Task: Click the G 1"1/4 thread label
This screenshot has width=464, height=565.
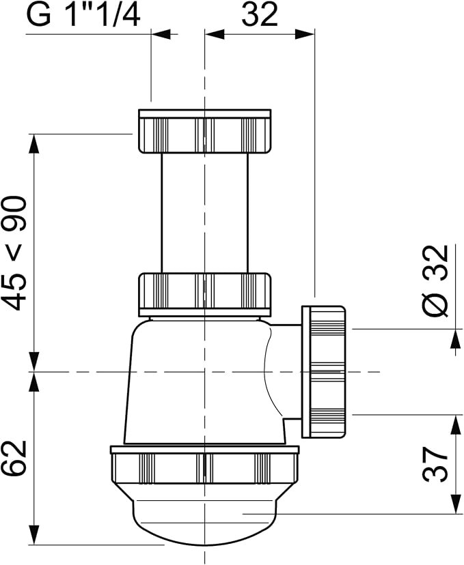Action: pyautogui.click(x=83, y=15)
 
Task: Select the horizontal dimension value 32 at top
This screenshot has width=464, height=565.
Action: pyautogui.click(x=260, y=14)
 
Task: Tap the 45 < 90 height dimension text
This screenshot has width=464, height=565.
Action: pyautogui.click(x=17, y=253)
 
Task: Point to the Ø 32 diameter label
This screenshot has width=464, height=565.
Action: pyautogui.click(x=436, y=281)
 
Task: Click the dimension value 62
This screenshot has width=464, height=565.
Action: pyautogui.click(x=14, y=458)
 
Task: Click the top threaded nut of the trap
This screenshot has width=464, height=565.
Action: pyautogui.click(x=204, y=132)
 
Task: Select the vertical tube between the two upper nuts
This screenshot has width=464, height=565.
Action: pyautogui.click(x=204, y=213)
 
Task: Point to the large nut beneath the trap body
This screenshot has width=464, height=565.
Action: pyautogui.click(x=204, y=465)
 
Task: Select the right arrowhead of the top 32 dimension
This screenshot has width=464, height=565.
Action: pyautogui.click(x=305, y=34)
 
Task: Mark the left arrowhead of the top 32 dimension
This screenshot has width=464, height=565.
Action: pyautogui.click(x=215, y=34)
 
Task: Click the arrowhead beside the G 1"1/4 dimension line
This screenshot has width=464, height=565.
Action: pyautogui.click(x=161, y=34)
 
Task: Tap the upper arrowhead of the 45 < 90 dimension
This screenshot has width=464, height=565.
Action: pyautogui.click(x=33, y=144)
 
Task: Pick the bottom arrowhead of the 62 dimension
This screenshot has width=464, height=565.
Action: pyautogui.click(x=33, y=535)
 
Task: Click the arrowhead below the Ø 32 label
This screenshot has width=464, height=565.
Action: pyautogui.click(x=456, y=339)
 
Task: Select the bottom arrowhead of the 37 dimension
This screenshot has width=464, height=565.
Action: pyautogui.click(x=456, y=504)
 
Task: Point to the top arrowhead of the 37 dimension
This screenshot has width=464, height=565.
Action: pyautogui.click(x=456, y=425)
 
